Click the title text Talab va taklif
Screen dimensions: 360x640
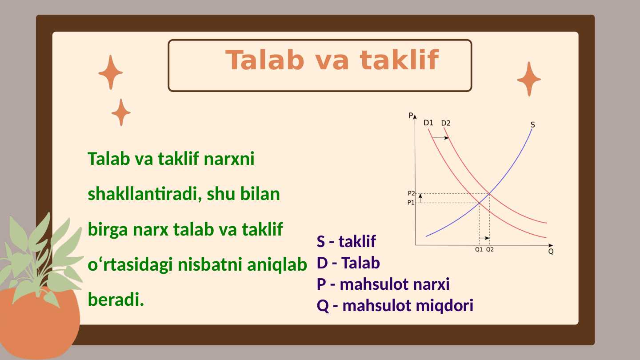(x=332, y=60)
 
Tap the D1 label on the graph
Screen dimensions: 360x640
(x=428, y=123)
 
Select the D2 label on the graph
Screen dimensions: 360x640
(x=445, y=123)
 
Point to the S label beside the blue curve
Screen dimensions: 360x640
(x=532, y=125)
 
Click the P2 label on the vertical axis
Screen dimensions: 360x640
(x=411, y=193)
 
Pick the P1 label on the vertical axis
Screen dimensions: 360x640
(x=411, y=203)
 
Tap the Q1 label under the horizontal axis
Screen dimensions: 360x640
(x=479, y=250)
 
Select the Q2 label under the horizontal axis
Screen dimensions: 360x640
(x=490, y=250)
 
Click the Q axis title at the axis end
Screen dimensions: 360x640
(x=551, y=252)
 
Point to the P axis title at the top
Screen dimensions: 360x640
(x=411, y=116)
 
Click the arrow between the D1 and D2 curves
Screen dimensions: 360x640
(x=441, y=138)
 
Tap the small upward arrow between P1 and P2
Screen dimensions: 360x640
(x=420, y=198)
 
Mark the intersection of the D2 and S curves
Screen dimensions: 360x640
(x=489, y=193)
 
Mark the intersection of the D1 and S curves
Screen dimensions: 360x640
(x=479, y=203)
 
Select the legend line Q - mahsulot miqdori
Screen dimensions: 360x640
(x=395, y=306)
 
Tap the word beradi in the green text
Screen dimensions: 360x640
(x=116, y=300)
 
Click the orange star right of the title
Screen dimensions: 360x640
(x=529, y=79)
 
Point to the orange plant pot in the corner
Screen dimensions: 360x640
(x=40, y=322)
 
